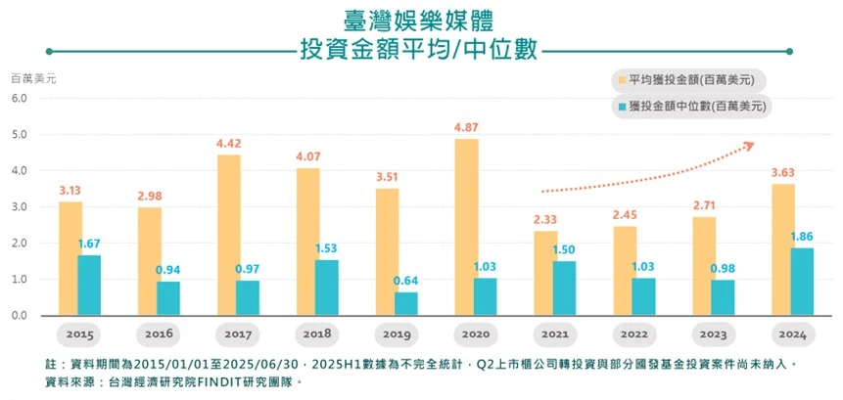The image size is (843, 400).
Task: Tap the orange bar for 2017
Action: pos(228,235)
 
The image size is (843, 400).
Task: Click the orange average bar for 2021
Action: pos(545,273)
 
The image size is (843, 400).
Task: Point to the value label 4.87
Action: pos(466,128)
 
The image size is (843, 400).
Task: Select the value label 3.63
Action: pos(783,173)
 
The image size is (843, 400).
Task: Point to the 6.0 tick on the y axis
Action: pos(21,98)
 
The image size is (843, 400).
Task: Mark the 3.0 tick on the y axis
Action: pos(21,206)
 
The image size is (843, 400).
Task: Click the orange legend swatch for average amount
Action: pos(621,80)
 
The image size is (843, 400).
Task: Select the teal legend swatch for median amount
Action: pos(621,105)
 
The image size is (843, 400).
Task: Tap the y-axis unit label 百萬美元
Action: pos(34,76)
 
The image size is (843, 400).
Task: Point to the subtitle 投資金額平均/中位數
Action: pos(421,49)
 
